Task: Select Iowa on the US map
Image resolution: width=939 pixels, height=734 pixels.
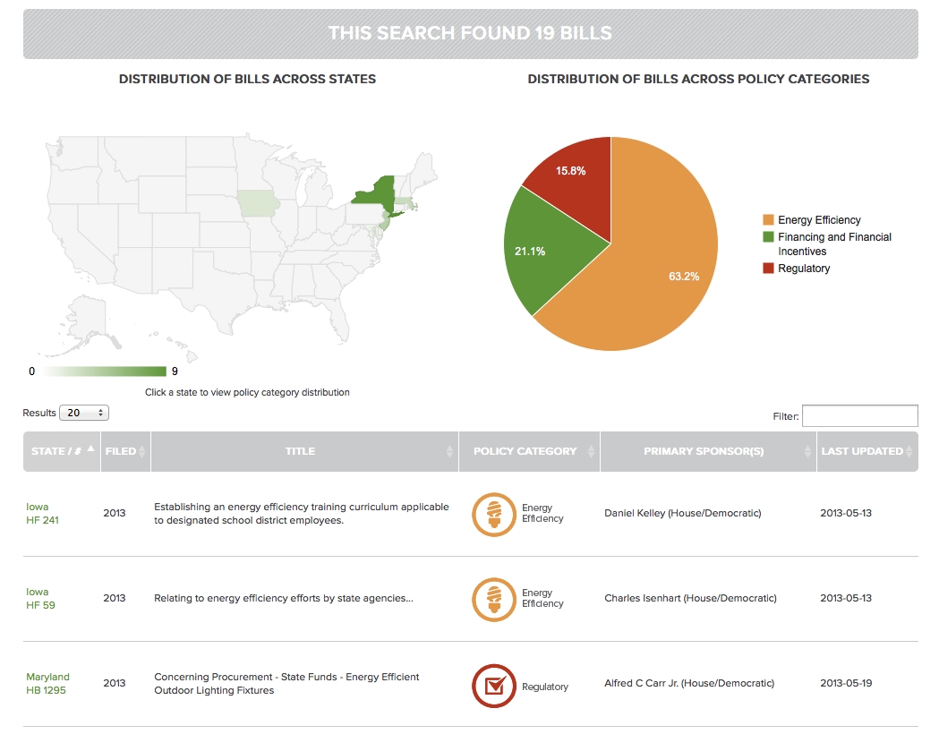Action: (x=258, y=202)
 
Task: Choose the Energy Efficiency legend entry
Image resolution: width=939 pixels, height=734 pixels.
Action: (x=819, y=220)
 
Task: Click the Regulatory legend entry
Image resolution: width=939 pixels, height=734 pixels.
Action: (x=803, y=269)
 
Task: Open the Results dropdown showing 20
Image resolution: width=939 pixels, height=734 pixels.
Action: (x=83, y=413)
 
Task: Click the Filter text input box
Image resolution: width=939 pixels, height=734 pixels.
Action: (x=859, y=415)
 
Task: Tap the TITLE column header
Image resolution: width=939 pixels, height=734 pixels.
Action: (x=300, y=451)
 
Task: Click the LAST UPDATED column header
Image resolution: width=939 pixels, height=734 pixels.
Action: (x=862, y=451)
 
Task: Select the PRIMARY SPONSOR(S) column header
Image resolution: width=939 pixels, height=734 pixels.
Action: (x=704, y=451)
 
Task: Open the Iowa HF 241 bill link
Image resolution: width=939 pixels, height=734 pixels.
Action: (x=42, y=514)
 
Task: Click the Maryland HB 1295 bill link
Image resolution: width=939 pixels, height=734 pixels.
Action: (x=47, y=684)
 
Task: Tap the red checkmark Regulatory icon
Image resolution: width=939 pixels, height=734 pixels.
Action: (x=493, y=686)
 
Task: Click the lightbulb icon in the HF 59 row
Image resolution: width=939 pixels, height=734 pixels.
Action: (x=493, y=600)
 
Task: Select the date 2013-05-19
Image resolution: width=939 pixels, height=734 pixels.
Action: (x=846, y=684)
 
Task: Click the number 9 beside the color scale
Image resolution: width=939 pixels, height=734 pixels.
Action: (x=175, y=371)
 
